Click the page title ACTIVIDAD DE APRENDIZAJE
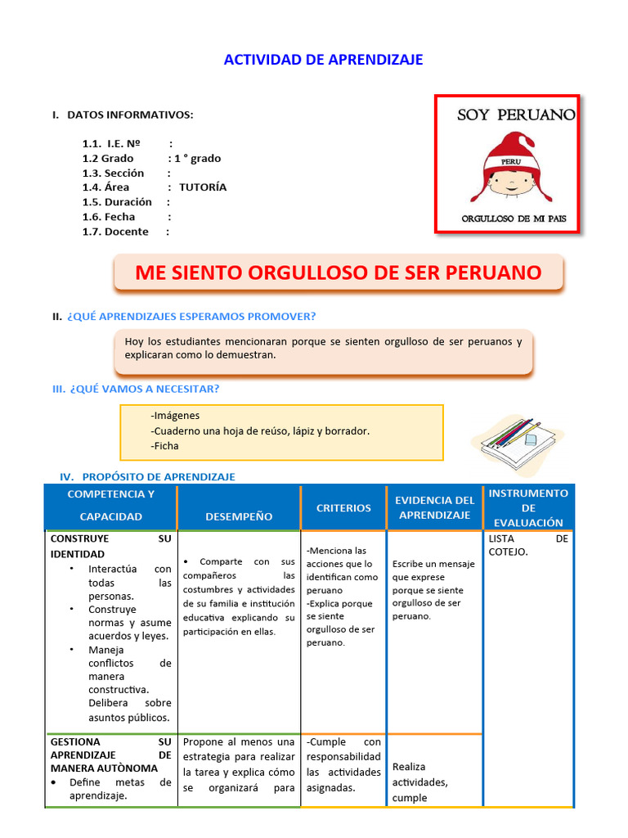(x=323, y=60)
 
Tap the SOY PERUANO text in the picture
(x=515, y=115)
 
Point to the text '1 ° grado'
(x=197, y=159)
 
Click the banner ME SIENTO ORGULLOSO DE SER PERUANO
(x=338, y=273)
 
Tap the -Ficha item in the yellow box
(x=164, y=446)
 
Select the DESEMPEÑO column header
(x=239, y=516)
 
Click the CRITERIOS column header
(x=343, y=508)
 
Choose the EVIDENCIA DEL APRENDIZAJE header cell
(x=434, y=507)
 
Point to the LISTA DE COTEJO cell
(x=527, y=545)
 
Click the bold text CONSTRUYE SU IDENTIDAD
(x=110, y=547)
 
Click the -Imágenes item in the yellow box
(x=175, y=416)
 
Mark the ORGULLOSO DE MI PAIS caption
(x=519, y=219)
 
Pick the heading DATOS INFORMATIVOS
(x=129, y=115)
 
